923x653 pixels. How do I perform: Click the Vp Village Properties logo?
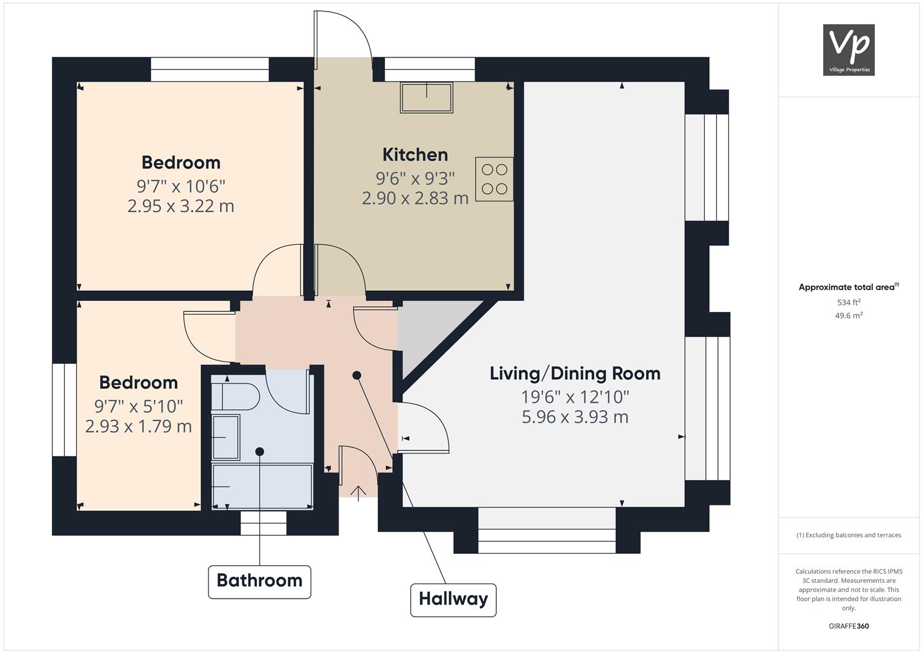(849, 50)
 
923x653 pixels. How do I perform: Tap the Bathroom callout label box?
(259, 582)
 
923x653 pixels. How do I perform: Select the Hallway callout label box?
(453, 600)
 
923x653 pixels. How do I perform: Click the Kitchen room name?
(415, 155)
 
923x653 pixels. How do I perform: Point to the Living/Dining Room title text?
(575, 374)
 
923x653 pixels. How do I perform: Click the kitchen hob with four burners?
(494, 179)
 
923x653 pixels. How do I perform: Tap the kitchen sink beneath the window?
(427, 97)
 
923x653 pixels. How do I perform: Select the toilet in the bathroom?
(235, 397)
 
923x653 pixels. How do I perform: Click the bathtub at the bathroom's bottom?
(262, 487)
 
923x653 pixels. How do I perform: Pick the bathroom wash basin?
(225, 437)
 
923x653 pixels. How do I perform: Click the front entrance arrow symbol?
(358, 493)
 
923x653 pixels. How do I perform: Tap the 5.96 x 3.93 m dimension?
(575, 417)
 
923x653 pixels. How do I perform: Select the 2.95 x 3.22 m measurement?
(181, 206)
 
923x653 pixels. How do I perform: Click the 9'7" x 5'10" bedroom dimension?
(138, 406)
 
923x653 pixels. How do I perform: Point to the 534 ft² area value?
(849, 302)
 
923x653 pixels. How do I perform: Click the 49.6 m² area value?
(849, 316)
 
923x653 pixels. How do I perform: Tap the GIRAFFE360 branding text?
(849, 626)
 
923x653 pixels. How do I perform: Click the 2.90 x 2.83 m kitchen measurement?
(415, 198)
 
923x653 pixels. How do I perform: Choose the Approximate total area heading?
(849, 287)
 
